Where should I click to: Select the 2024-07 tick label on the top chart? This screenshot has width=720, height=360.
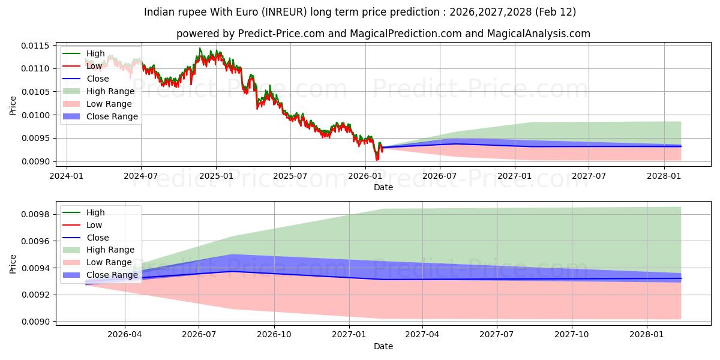141,176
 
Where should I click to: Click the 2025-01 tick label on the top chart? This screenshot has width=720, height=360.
215,176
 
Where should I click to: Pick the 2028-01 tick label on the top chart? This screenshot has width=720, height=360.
664,176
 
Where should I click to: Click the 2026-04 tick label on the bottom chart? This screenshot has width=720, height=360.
125,335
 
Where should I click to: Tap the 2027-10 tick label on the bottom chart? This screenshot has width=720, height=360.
572,335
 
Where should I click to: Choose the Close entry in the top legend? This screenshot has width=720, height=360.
98,79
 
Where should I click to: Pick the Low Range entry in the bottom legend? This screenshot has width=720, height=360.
109,262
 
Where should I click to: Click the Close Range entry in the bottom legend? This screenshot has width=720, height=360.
112,275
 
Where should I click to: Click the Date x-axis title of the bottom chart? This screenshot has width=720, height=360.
383,346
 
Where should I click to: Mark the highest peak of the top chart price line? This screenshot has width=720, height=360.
200,49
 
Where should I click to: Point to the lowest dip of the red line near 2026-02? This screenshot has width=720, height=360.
377,160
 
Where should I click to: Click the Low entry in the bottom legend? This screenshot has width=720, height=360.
94,225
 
